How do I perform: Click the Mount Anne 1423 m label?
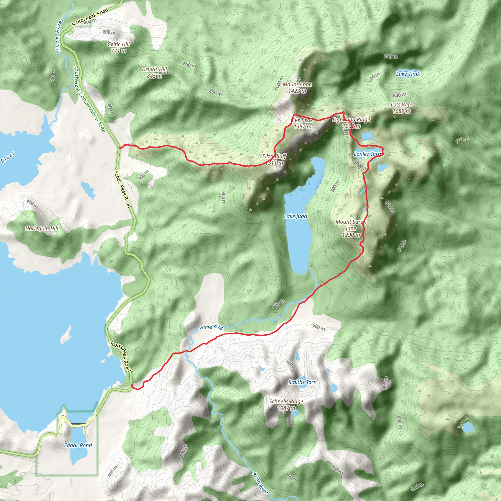[297, 88]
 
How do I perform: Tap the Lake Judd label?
[295, 216]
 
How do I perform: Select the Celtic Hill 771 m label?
[118, 47]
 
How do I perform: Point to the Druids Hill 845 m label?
[155, 73]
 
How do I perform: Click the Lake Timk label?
[408, 74]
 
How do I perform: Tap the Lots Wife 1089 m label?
[401, 108]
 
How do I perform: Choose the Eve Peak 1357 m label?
[302, 124]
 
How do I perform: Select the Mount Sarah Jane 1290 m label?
[351, 228]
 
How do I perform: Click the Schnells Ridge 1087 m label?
[286, 405]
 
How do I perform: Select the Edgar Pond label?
[78, 445]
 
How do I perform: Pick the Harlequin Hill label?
[42, 228]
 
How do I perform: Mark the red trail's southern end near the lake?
[132, 386]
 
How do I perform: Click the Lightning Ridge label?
[351, 120]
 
